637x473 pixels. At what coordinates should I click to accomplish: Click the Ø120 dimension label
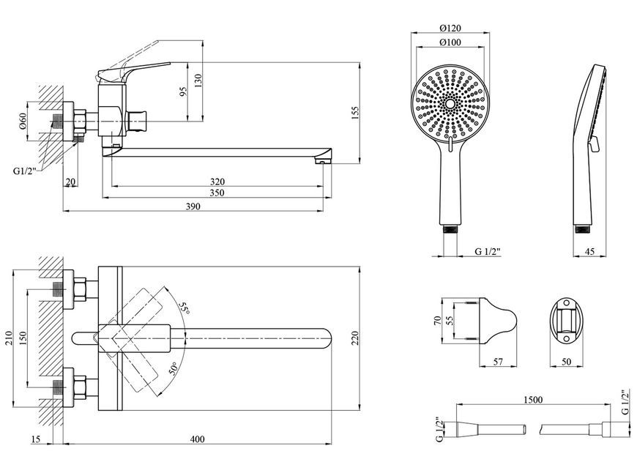(450, 28)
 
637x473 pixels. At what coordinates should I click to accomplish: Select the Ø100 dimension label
(450, 42)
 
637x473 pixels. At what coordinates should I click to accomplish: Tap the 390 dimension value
(193, 206)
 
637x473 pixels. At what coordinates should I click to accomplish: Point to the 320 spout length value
(217, 182)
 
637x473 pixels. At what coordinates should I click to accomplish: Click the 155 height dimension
(355, 113)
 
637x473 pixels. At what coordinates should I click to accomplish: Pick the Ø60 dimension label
(23, 121)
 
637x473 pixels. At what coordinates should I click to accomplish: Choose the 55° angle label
(184, 308)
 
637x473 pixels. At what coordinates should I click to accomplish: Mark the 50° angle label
(174, 368)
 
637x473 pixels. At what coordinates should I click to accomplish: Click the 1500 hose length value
(532, 401)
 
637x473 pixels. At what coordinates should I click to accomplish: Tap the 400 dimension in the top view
(198, 439)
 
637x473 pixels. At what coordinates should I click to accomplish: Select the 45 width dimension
(589, 252)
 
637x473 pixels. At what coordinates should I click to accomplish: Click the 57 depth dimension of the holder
(498, 362)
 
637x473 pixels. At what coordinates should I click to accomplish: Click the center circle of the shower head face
(450, 104)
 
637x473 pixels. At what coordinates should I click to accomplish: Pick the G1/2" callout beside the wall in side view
(25, 171)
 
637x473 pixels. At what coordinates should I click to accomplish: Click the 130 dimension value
(198, 81)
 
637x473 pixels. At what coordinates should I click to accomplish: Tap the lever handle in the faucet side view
(133, 70)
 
